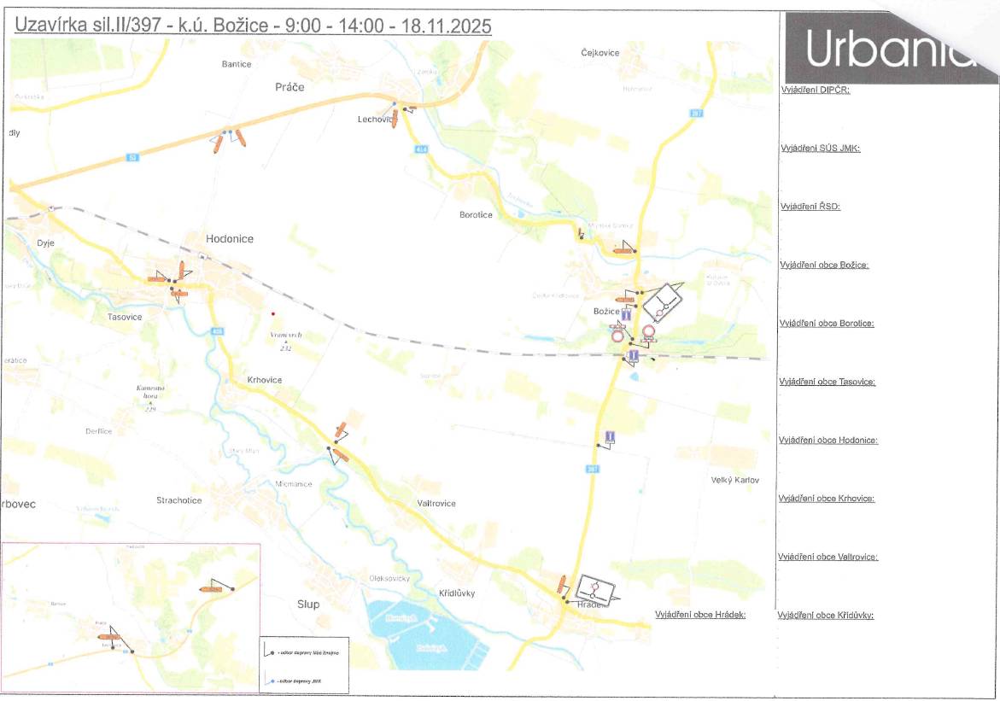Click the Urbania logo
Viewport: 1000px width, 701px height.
tap(888, 48)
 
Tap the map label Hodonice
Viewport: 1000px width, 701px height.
tap(230, 239)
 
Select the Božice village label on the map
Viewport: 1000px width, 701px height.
tap(605, 313)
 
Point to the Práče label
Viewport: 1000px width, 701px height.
tap(289, 87)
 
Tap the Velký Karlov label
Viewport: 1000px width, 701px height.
tap(734, 480)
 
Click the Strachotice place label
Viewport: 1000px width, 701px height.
tap(179, 500)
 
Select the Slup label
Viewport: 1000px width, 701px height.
tap(308, 605)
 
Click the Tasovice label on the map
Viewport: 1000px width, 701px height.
tap(125, 317)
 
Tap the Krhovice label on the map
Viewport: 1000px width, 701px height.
tap(265, 380)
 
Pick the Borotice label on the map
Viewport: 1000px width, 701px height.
tap(476, 215)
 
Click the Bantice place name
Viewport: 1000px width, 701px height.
tap(236, 64)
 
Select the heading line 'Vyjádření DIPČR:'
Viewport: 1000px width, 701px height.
tap(815, 90)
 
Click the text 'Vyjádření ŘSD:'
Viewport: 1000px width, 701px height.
tap(810, 207)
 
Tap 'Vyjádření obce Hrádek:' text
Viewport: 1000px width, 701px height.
tap(700, 615)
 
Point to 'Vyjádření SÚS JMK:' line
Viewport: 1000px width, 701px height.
tap(820, 149)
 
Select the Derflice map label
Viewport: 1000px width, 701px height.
tap(98, 431)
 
